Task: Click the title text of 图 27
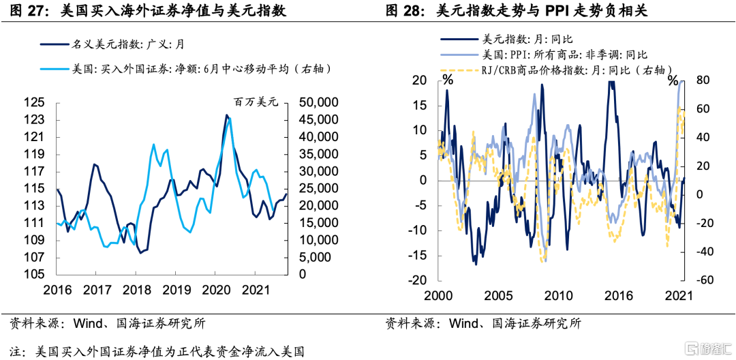click(147, 12)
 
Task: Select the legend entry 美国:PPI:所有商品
click(562, 55)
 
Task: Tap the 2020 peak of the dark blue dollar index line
click(226, 115)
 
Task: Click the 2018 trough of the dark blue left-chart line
click(141, 253)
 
